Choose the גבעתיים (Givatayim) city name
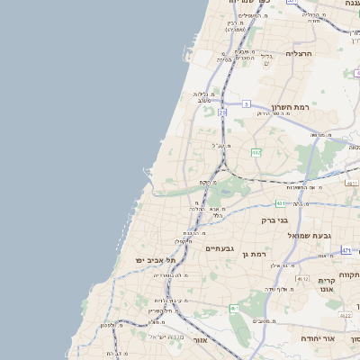click(x=220, y=248)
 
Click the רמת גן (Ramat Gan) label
click(x=256, y=255)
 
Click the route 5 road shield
click(x=246, y=103)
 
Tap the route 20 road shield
click(x=221, y=112)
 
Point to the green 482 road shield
click(x=256, y=153)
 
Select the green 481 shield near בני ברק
click(x=281, y=203)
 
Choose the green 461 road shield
click(x=234, y=309)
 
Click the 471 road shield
click(x=346, y=250)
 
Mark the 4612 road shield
click(x=302, y=279)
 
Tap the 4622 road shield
click(x=346, y=316)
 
